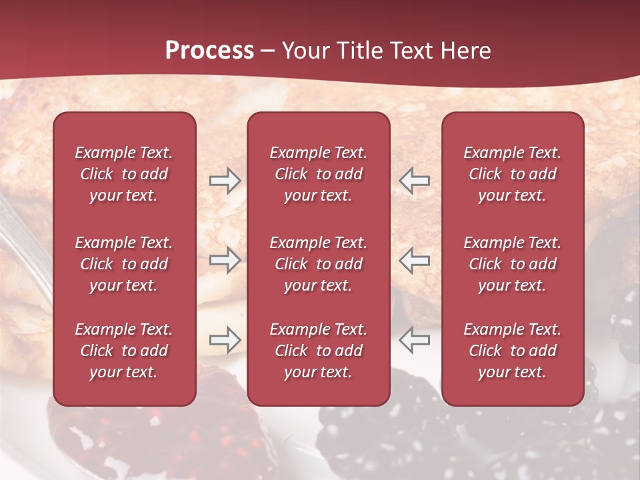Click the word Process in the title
[x=209, y=51]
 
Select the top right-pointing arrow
[x=225, y=181]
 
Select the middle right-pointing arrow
[x=225, y=261]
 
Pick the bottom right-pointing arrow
[x=225, y=341]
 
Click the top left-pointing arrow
[x=414, y=181]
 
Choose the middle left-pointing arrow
[x=414, y=261]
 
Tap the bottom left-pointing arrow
[x=414, y=341]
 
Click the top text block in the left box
[x=124, y=174]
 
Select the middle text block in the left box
[x=124, y=264]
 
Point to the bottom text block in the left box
[x=124, y=351]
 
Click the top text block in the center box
[x=318, y=174]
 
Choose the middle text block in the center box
[x=318, y=264]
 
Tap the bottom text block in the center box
[x=318, y=351]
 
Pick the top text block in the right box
[x=512, y=174]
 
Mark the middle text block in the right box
[x=512, y=264]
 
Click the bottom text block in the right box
[x=512, y=351]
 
